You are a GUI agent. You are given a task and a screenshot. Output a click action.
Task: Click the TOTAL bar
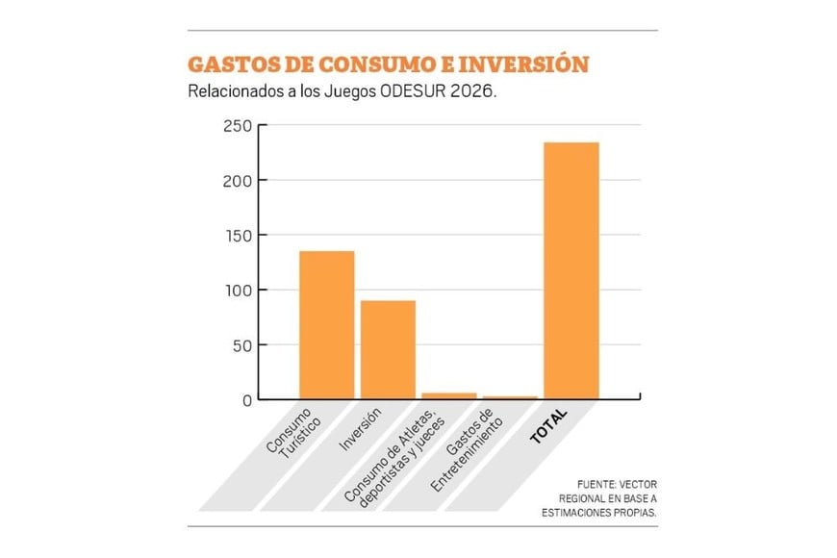(x=571, y=270)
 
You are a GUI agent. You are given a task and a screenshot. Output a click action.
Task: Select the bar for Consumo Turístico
(x=326, y=324)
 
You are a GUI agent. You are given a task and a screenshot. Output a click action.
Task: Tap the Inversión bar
(x=388, y=349)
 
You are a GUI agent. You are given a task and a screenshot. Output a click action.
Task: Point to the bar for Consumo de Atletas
(x=449, y=394)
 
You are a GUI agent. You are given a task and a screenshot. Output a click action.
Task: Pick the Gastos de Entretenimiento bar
(x=510, y=396)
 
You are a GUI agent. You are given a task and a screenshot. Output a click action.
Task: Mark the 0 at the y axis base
(x=245, y=400)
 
